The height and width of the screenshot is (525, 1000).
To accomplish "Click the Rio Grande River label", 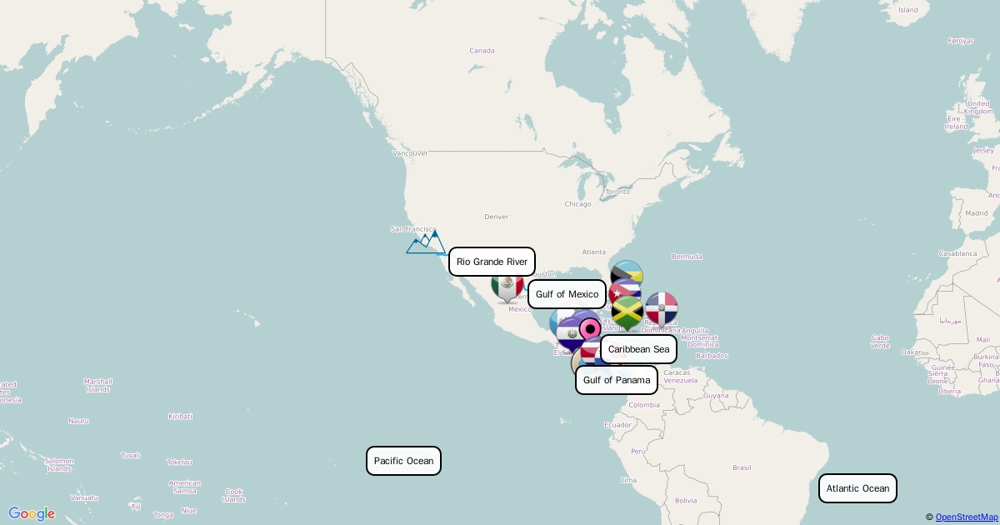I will point(492,262).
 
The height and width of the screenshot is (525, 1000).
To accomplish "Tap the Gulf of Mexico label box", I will point(567,294).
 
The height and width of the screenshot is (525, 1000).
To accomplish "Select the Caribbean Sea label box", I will point(638,349).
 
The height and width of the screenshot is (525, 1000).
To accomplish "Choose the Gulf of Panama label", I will point(616,380).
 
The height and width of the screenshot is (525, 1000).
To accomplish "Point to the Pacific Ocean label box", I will point(403,461).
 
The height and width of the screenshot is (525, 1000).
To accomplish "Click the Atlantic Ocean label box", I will point(857,488).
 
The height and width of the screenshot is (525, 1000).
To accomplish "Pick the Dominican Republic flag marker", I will point(662,308).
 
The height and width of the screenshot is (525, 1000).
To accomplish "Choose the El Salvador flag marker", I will point(571,333).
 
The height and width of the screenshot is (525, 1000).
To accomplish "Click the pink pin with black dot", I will point(590,327).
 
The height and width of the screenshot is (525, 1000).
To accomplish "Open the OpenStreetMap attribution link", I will point(966,517).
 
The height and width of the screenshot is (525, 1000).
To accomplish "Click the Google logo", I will point(32,514).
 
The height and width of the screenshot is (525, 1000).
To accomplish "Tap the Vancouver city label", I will point(410,153).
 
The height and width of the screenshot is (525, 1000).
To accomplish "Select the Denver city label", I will point(496,217).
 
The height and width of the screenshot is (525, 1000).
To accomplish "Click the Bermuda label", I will point(687,257).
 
